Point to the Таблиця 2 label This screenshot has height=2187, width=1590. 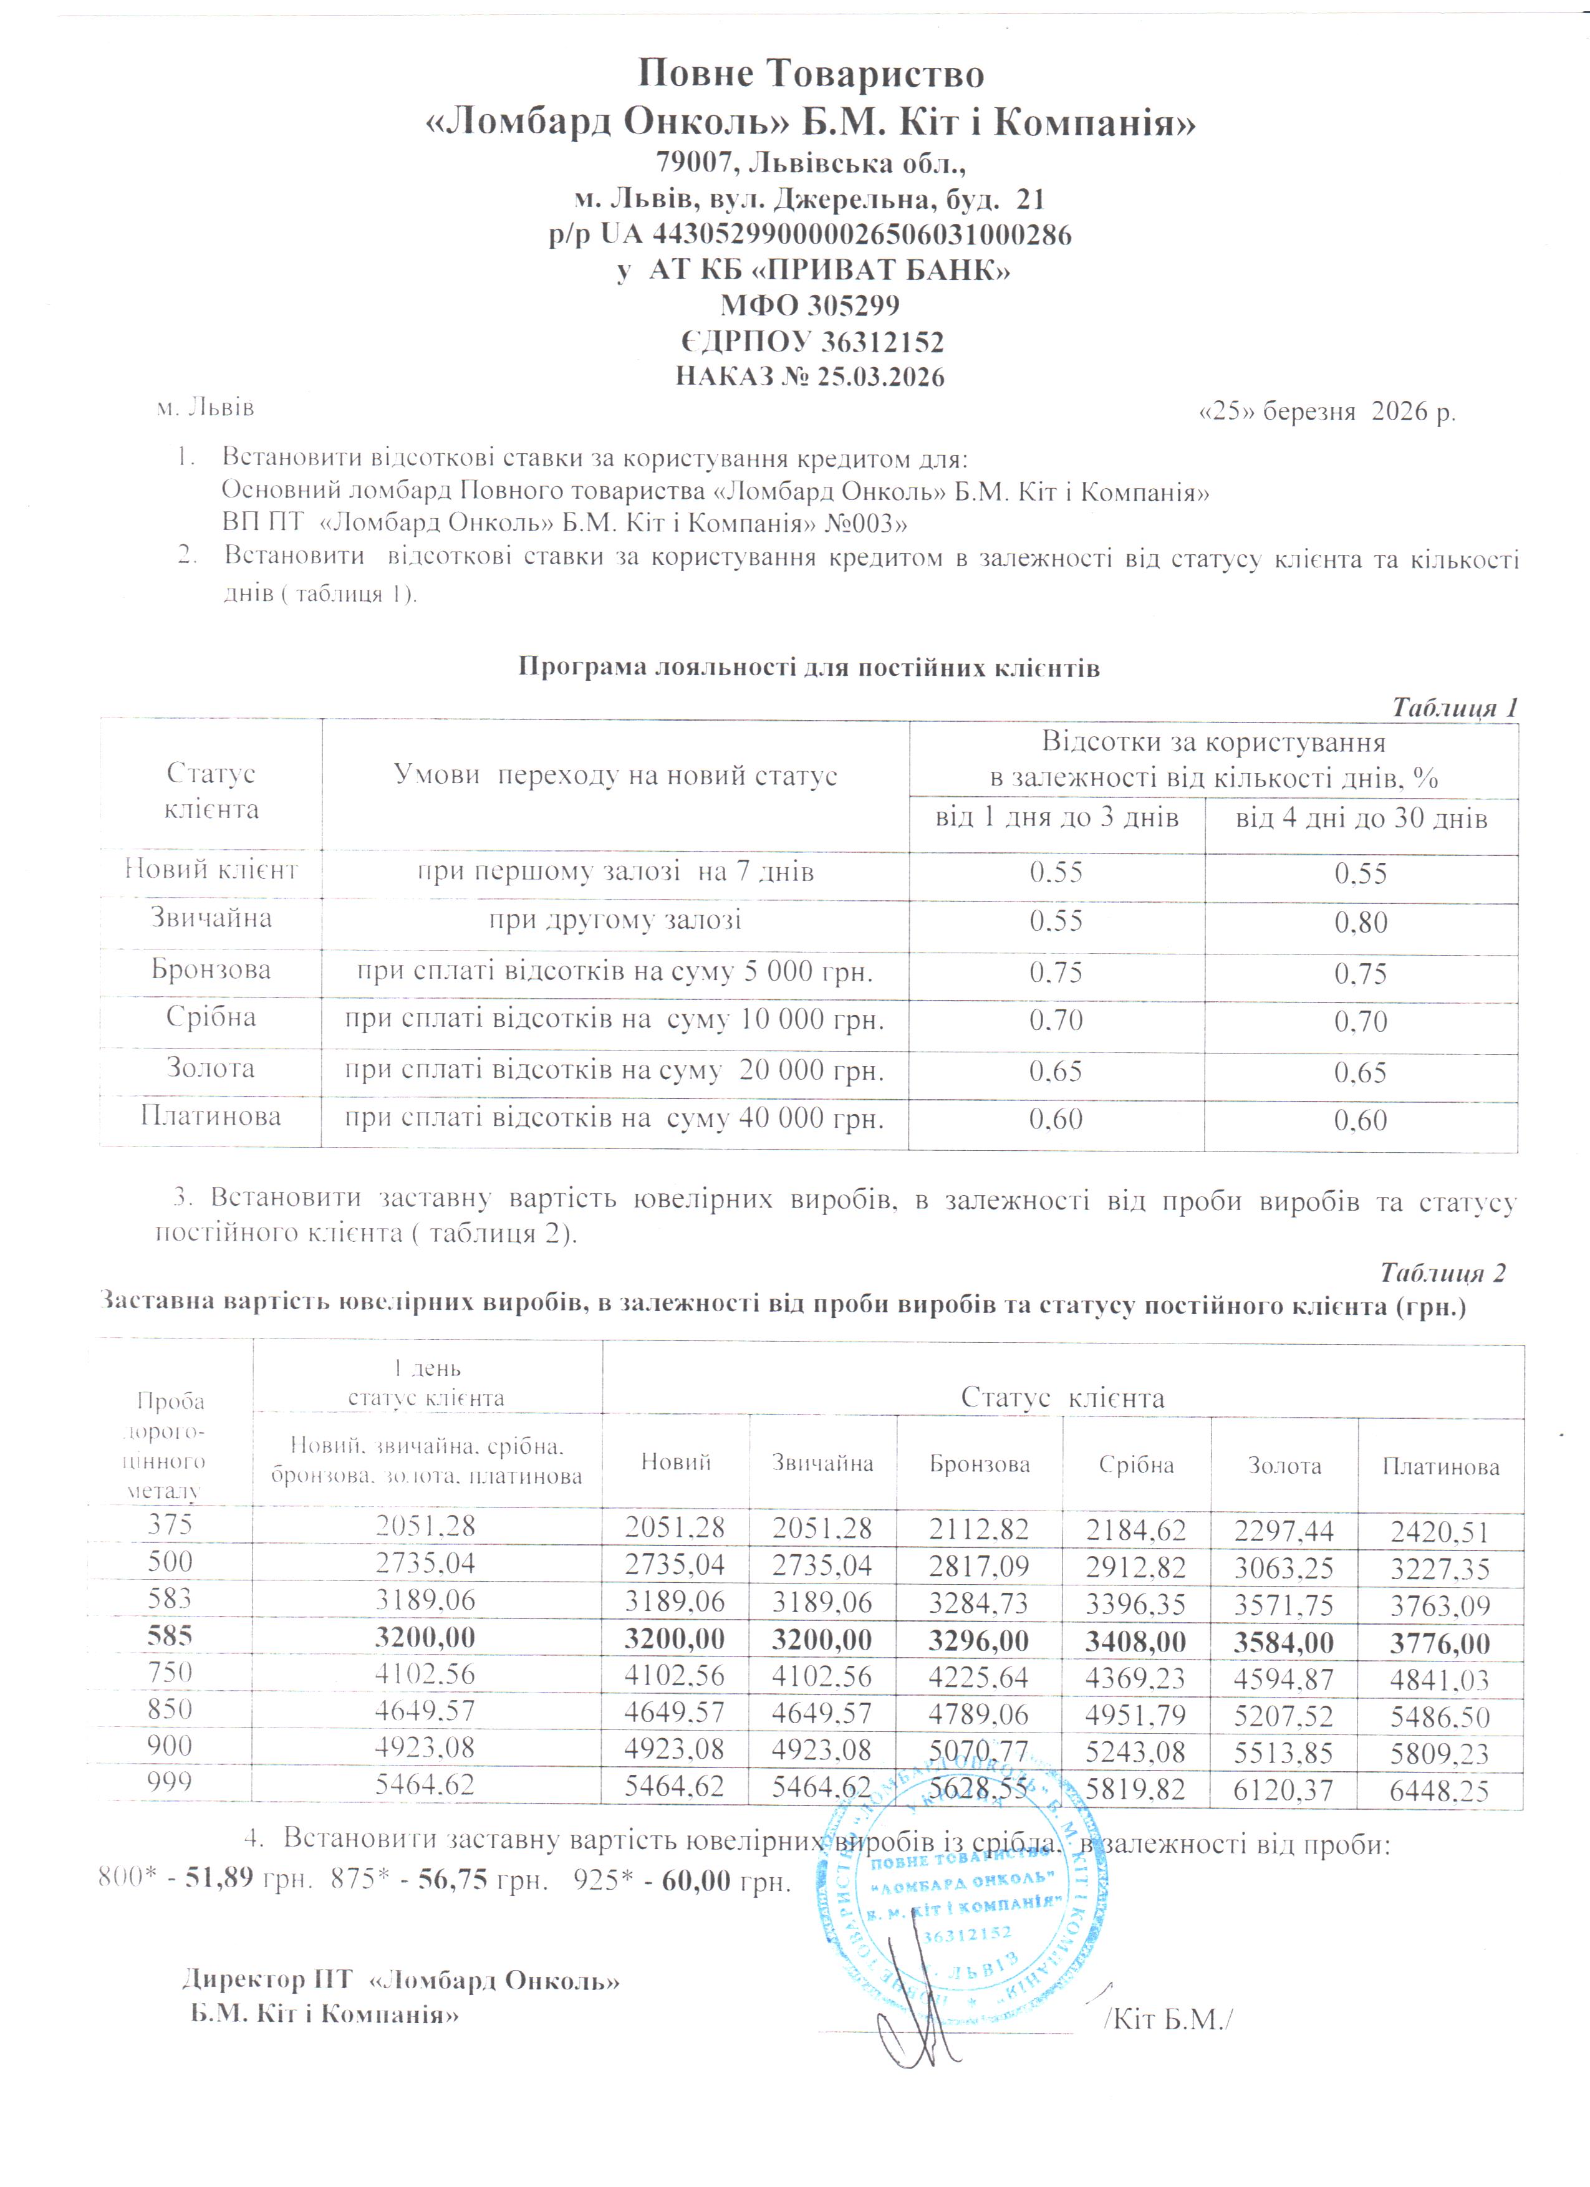coord(1442,1273)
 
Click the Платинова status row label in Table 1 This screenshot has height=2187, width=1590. coord(210,1117)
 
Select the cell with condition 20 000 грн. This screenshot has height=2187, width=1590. coord(614,1070)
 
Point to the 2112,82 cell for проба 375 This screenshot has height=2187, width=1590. coord(979,1529)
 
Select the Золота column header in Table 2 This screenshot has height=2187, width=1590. coord(1284,1466)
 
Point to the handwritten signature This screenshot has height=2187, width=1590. coord(916,2016)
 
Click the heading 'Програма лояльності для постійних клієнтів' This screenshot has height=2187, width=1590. coord(808,667)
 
